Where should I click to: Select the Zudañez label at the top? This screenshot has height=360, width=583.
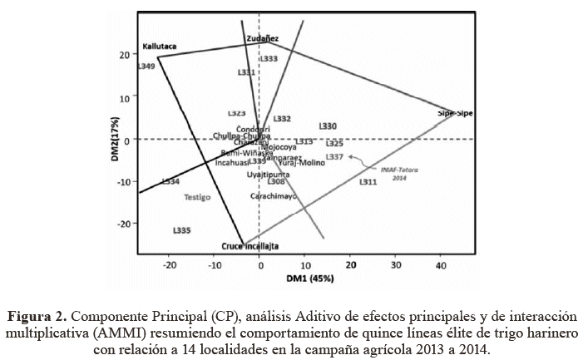pos(263,38)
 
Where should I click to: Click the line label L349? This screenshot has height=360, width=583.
pos(146,66)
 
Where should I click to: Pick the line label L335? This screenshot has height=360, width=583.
pos(183,229)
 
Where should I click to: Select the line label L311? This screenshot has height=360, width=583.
pos(368,181)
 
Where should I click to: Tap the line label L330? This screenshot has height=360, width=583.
pos(328,126)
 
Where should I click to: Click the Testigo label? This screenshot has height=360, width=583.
pos(197,197)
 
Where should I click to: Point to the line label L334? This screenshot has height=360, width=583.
pos(170,180)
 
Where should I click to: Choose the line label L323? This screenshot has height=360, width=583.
pos(236,113)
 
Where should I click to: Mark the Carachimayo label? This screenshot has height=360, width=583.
pos(274,196)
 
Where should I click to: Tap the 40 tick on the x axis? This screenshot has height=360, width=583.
pos(442,264)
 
